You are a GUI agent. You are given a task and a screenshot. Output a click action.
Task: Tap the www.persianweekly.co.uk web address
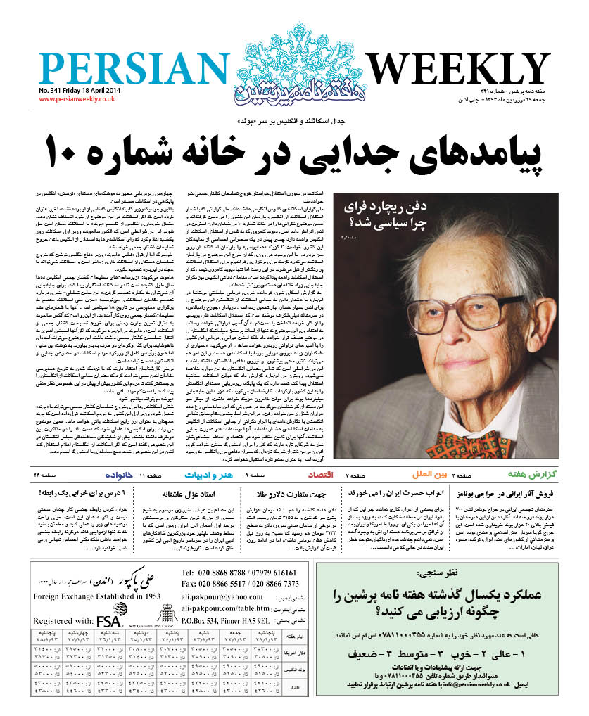(77, 99)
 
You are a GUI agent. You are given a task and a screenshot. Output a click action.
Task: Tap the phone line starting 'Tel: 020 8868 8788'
(239, 572)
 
